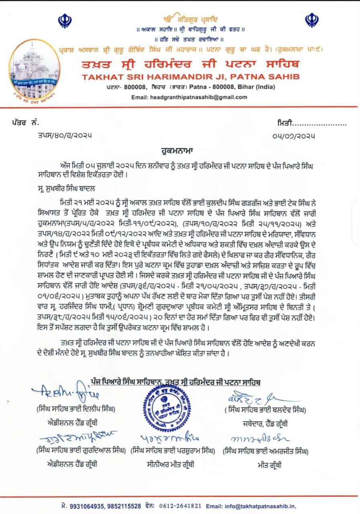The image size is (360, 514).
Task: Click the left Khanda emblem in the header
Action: [x=65, y=20]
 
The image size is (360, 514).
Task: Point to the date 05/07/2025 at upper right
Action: [x=296, y=136]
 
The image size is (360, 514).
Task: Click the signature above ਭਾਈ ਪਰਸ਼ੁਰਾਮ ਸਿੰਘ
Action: [x=169, y=438]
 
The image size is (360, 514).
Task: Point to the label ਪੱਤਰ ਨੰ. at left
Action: [x=25, y=122]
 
